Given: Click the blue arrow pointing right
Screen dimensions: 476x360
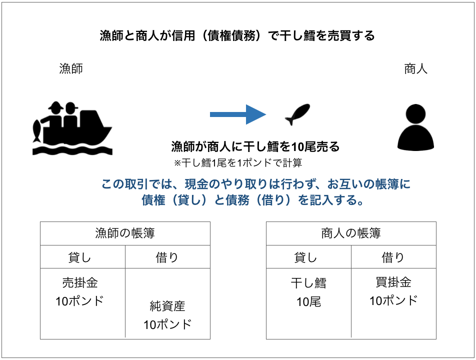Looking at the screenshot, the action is coord(238,114).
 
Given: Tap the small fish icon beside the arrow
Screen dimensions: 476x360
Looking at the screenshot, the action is coord(297,114).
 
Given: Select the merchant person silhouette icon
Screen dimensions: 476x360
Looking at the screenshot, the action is coord(415,127).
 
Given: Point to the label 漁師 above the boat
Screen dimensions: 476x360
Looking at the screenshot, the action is coord(71,68).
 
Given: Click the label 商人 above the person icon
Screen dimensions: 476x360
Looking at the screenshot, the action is coord(415,69).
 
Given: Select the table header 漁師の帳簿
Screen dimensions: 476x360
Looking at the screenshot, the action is coord(125,233).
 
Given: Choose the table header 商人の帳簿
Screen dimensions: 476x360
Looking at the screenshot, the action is coord(351,233).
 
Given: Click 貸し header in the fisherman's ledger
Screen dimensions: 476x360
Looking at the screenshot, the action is coord(79,257).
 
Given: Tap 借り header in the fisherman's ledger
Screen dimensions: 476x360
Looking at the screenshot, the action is coord(167,257).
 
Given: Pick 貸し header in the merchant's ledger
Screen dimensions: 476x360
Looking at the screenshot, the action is coord(305,257).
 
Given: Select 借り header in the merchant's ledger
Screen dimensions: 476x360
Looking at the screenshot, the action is coord(393,257).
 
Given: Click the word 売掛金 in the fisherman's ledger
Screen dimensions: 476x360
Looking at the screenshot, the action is coord(80,282).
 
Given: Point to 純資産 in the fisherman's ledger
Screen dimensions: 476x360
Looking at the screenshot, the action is coord(167,306).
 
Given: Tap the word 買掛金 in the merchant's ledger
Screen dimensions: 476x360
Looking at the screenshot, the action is coord(393,282).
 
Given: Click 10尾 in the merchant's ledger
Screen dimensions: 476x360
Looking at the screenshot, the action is coord(308,301).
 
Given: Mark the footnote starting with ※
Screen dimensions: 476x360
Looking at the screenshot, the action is coord(238,163).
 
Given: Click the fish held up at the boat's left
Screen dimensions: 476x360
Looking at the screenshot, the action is coord(36,131).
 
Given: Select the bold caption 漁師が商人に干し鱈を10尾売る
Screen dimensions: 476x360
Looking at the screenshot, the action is coord(255,146).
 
